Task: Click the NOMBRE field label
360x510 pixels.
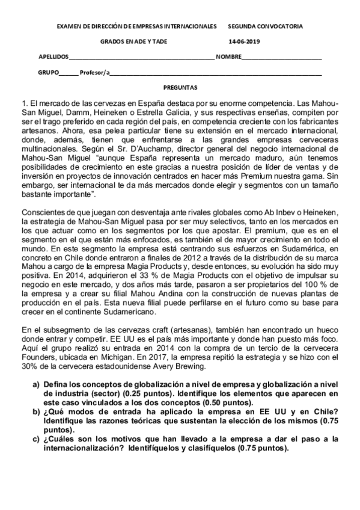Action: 229,57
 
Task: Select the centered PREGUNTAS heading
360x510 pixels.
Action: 180,87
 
